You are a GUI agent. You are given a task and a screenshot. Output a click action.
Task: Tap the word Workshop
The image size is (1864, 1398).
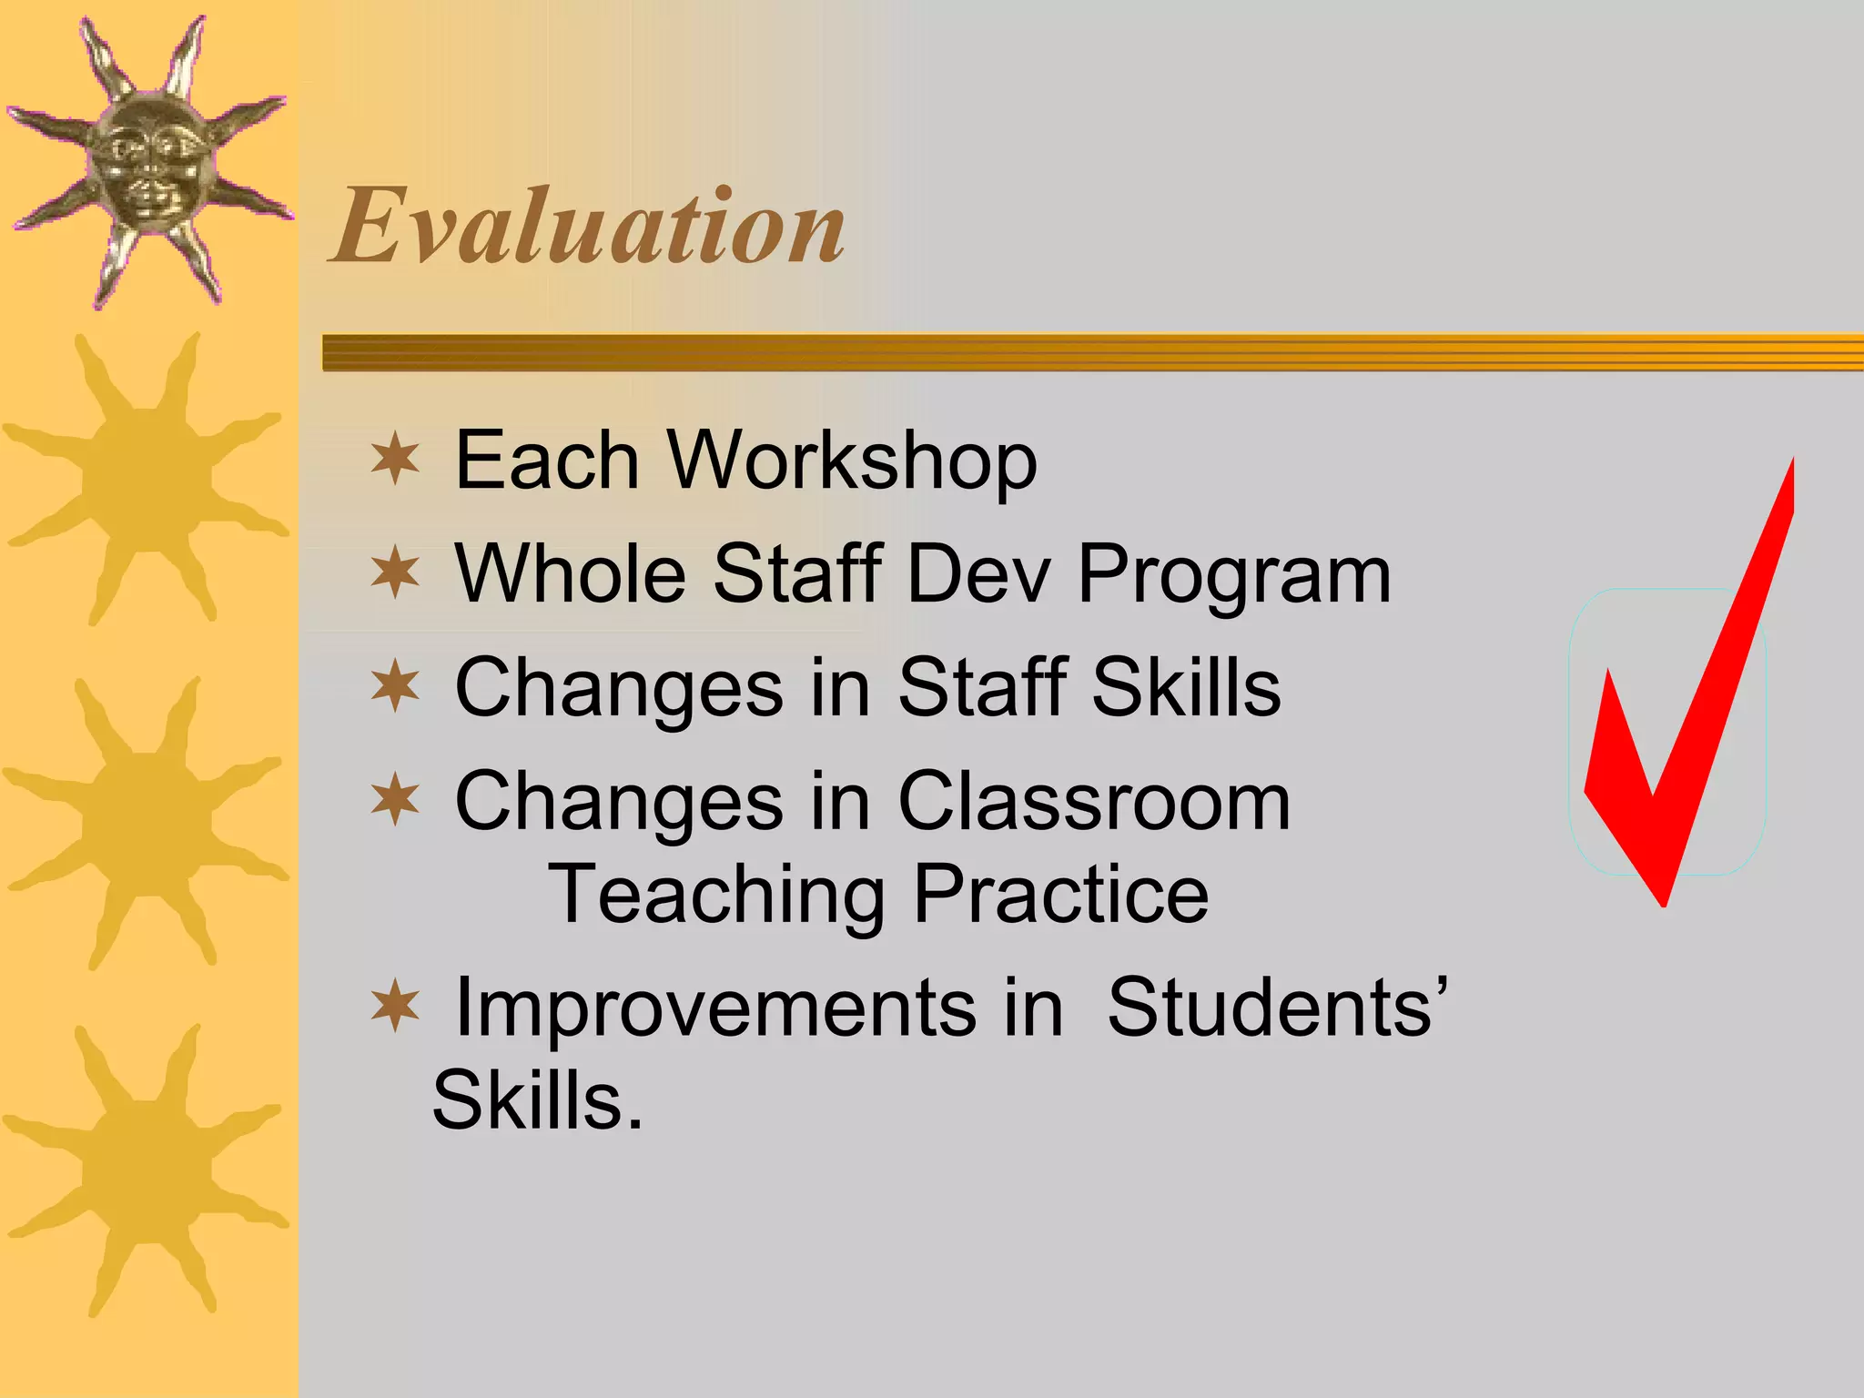click(852, 461)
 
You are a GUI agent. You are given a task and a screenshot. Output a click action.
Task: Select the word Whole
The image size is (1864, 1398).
click(570, 573)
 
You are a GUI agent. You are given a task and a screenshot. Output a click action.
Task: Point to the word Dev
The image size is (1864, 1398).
click(979, 573)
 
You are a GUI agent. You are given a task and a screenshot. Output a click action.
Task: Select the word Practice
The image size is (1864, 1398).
click(1061, 896)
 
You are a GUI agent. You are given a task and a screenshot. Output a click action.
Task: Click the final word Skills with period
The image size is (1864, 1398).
click(537, 1101)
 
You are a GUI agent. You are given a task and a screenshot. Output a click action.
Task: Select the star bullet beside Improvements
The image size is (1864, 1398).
click(395, 1007)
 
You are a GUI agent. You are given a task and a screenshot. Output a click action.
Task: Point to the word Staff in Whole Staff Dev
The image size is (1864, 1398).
click(797, 573)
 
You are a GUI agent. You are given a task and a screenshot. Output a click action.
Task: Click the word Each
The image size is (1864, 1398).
click(546, 461)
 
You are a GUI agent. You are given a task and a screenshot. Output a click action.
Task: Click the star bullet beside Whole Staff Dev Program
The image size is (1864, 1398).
click(395, 573)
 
